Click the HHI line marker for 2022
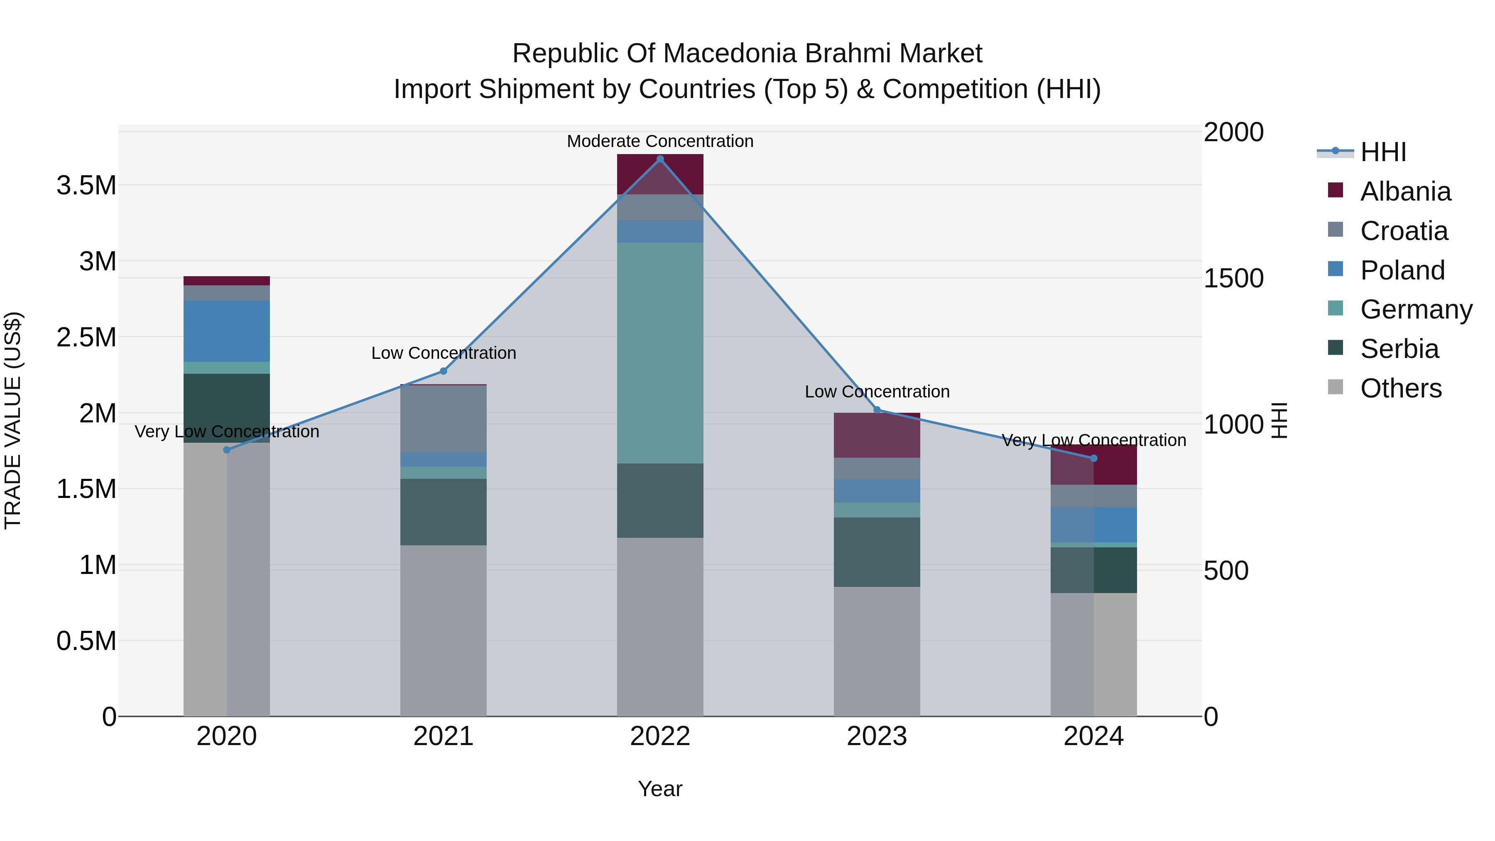(x=660, y=159)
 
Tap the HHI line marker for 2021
(x=444, y=371)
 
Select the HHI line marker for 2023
(x=877, y=410)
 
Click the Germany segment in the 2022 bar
(x=660, y=353)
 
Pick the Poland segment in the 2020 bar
(x=226, y=331)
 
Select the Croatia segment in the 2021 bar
(x=444, y=419)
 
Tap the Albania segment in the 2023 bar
(x=877, y=435)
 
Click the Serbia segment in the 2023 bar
(x=877, y=552)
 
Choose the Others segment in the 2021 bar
(x=444, y=630)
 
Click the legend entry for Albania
(x=1390, y=191)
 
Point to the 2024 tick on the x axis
(x=1093, y=736)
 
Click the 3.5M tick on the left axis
(x=86, y=185)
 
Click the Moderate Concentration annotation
(x=660, y=141)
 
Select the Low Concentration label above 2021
(x=444, y=353)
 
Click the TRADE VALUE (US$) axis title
(x=13, y=420)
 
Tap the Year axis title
(x=660, y=789)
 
